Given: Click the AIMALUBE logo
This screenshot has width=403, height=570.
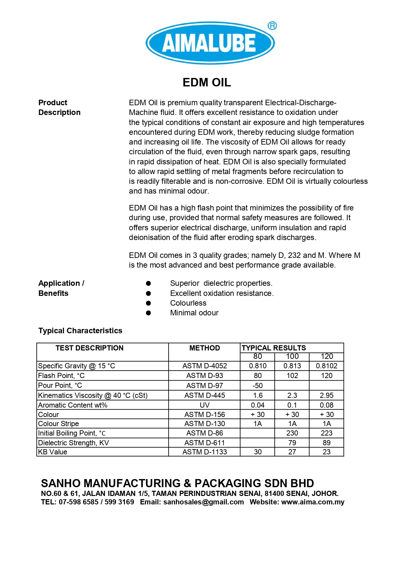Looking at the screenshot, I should click(210, 43).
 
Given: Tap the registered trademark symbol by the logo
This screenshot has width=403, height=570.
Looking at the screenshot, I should click(272, 26).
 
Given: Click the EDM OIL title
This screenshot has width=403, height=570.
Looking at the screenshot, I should click(207, 82).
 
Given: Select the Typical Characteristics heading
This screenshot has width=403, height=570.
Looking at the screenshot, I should click(80, 331).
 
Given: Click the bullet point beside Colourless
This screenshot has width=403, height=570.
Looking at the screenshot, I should click(148, 303).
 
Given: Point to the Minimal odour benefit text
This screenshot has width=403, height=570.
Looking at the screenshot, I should click(194, 313).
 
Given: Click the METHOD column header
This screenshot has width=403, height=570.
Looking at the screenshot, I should click(205, 348).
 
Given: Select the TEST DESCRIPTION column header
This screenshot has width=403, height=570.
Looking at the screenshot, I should click(89, 348).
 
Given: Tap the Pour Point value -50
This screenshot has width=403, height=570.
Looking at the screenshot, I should click(258, 386).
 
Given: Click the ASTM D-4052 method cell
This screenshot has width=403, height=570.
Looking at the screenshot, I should click(205, 366).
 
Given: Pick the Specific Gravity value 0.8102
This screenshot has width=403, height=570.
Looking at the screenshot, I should click(326, 366).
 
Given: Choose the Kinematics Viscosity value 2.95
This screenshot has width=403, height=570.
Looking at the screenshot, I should click(326, 395).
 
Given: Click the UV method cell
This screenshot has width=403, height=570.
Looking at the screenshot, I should click(205, 405).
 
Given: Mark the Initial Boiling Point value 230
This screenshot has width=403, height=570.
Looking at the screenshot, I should click(292, 433).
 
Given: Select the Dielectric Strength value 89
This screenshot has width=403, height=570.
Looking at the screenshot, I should click(326, 443).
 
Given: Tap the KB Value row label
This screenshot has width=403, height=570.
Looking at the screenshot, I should click(53, 452).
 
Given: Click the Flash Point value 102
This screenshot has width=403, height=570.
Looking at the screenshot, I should click(292, 375).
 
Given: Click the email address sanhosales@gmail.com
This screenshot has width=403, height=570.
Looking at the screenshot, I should click(203, 502).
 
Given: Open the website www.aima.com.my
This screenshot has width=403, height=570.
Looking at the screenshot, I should click(313, 502).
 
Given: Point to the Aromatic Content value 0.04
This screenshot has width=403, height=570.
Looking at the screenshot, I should click(258, 405).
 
